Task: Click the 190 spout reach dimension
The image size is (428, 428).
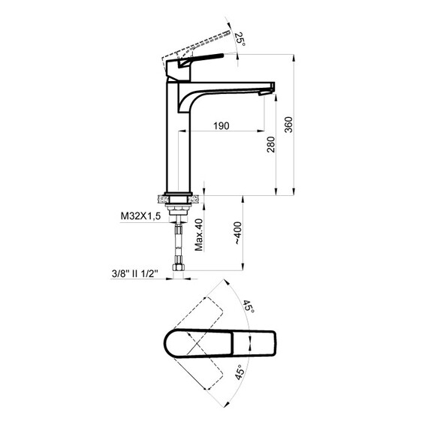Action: pyautogui.click(x=221, y=126)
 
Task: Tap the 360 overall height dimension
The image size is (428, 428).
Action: pyautogui.click(x=288, y=125)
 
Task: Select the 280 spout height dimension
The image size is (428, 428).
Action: pyautogui.click(x=271, y=145)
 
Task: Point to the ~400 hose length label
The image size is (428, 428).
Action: pyautogui.click(x=238, y=233)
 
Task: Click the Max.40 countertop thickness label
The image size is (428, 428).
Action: pyautogui.click(x=199, y=235)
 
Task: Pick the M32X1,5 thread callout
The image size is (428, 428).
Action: pyautogui.click(x=141, y=216)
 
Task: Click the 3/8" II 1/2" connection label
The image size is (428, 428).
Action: pyautogui.click(x=135, y=273)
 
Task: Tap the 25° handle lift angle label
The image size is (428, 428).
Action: pyautogui.click(x=240, y=39)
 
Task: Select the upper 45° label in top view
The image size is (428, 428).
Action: pyautogui.click(x=249, y=307)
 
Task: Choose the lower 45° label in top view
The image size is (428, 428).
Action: pyautogui.click(x=240, y=372)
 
